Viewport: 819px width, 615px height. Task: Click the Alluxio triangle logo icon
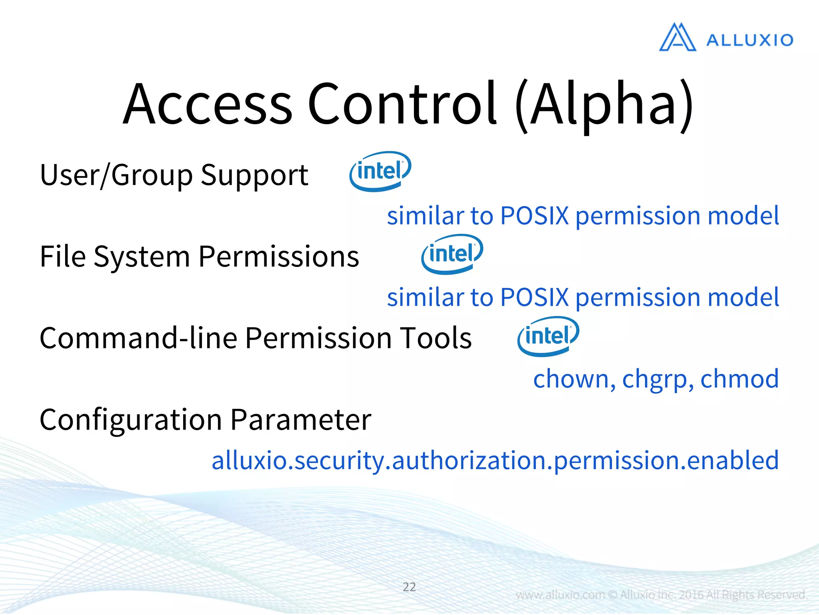click(677, 38)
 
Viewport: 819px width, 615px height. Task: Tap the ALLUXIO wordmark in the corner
click(749, 40)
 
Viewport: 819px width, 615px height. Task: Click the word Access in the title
click(208, 104)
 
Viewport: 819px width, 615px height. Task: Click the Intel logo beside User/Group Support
click(380, 171)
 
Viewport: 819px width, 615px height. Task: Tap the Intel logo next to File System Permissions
click(452, 254)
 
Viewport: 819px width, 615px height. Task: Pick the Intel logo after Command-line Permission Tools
click(548, 336)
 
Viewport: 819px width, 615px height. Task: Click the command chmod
click(739, 379)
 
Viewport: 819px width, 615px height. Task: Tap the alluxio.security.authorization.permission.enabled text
click(495, 460)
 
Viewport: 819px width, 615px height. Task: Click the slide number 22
click(409, 587)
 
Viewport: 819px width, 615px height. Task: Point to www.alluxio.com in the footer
click(560, 595)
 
